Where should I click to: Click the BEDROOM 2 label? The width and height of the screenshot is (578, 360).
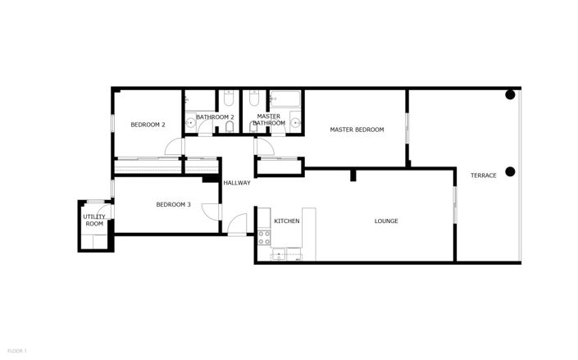pyautogui.click(x=148, y=125)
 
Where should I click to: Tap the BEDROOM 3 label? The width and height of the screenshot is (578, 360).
pyautogui.click(x=173, y=204)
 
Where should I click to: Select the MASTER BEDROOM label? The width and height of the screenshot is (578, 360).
pyautogui.click(x=357, y=130)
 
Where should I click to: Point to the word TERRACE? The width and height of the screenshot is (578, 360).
pyautogui.click(x=483, y=175)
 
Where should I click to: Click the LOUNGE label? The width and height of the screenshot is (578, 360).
pyautogui.click(x=386, y=221)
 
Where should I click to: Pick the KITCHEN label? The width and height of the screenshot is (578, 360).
pyautogui.click(x=286, y=221)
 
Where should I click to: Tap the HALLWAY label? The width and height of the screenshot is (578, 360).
pyautogui.click(x=237, y=182)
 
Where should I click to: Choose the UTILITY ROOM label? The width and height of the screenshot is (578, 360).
pyautogui.click(x=93, y=221)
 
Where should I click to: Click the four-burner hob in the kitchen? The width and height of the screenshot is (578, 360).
pyautogui.click(x=264, y=238)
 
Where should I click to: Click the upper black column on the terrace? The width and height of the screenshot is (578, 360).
pyautogui.click(x=510, y=93)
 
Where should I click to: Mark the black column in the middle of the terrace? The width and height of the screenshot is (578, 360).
pyautogui.click(x=510, y=171)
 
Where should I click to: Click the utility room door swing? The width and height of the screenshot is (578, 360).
pyautogui.click(x=105, y=209)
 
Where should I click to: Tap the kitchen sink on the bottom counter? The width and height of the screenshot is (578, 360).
pyautogui.click(x=286, y=255)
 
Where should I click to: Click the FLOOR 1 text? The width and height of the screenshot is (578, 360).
pyautogui.click(x=14, y=351)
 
